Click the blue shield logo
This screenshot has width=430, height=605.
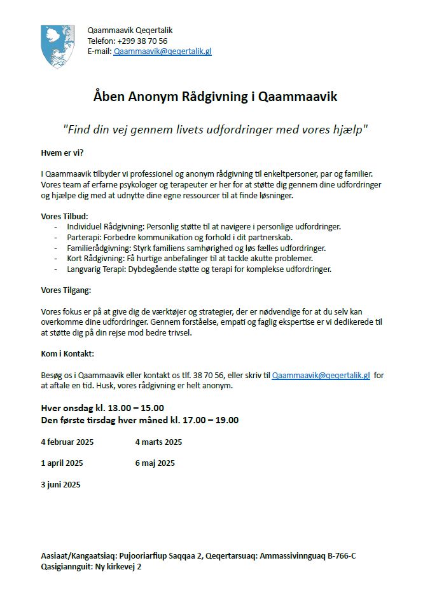(58, 46)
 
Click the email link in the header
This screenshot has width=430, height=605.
(162, 51)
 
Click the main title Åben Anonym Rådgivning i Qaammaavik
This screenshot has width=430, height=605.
(215, 97)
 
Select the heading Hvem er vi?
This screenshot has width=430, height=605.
(62, 153)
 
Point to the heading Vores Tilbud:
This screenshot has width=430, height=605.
(64, 216)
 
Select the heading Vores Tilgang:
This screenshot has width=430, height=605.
(66, 290)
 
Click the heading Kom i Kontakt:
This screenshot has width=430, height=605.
(67, 353)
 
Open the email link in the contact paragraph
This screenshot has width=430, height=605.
(321, 376)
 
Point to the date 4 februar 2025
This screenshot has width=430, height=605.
(67, 442)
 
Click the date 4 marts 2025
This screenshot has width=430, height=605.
(158, 442)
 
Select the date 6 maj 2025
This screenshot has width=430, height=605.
(155, 463)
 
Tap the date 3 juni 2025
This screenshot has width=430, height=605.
(60, 485)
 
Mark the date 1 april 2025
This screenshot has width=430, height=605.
(62, 463)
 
